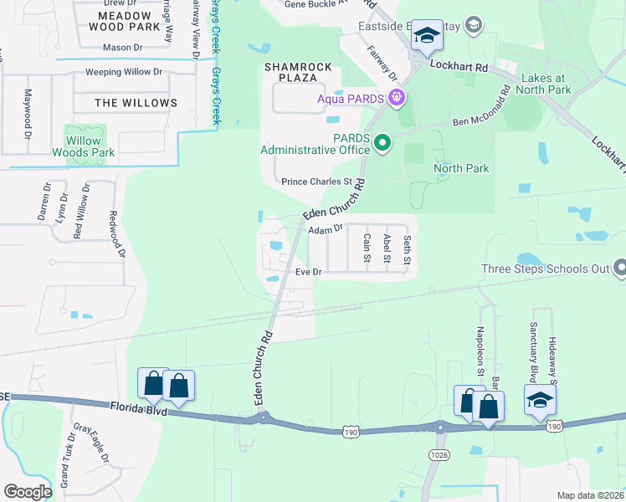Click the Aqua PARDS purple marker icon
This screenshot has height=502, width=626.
pyautogui.click(x=397, y=99)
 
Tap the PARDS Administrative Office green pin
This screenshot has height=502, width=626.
pyautogui.click(x=382, y=143)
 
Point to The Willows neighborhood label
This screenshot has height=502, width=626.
pyautogui.click(x=136, y=103)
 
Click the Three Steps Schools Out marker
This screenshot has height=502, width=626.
pyautogui.click(x=620, y=269)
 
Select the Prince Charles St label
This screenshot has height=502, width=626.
pyautogui.click(x=316, y=181)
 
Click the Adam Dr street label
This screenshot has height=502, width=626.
pyautogui.click(x=326, y=228)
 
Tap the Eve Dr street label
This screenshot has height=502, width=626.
pyautogui.click(x=309, y=272)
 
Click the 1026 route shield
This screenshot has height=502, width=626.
pyautogui.click(x=435, y=453)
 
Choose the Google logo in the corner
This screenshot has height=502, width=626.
pyautogui.click(x=28, y=492)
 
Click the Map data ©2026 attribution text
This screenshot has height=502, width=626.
pyautogui.click(x=590, y=495)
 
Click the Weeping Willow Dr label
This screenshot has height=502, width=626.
pyautogui.click(x=123, y=73)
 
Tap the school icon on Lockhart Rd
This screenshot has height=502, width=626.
pyautogui.click(x=428, y=37)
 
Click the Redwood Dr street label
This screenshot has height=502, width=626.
pyautogui.click(x=116, y=233)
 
